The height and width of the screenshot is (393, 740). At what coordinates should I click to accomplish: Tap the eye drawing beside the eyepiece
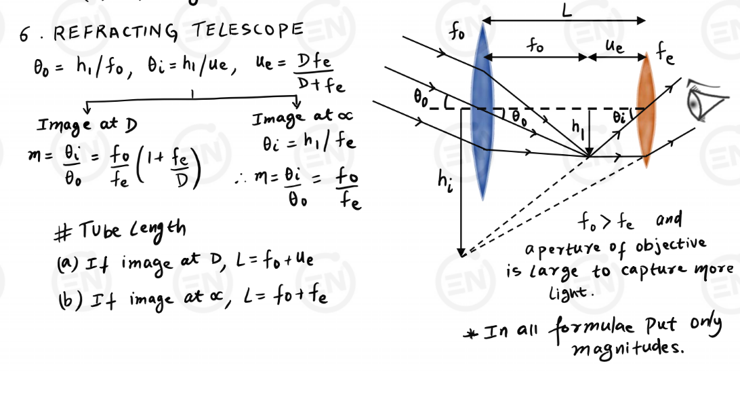702,100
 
